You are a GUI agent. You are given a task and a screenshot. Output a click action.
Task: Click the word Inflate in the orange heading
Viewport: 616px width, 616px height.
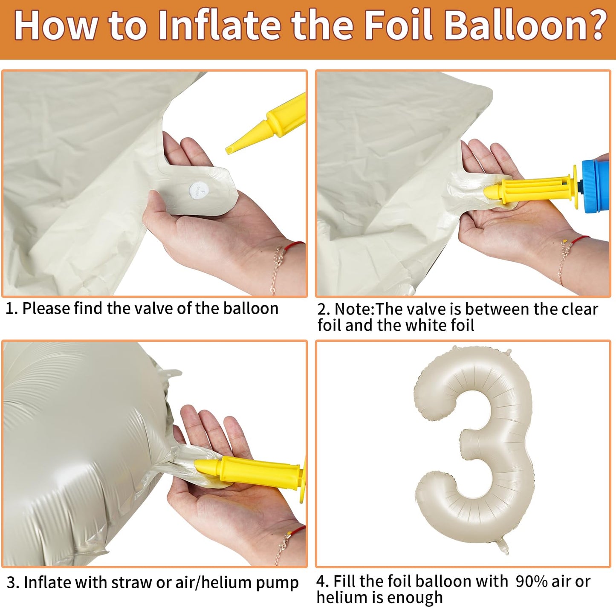click(x=220, y=25)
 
